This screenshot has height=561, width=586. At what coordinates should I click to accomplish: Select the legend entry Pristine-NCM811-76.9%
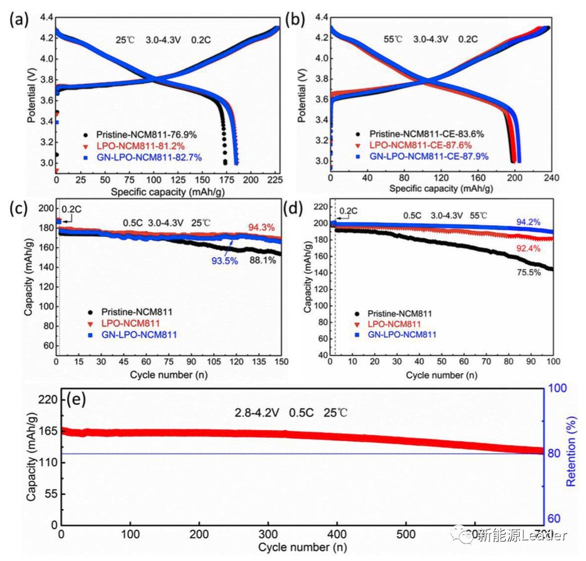click(x=144, y=134)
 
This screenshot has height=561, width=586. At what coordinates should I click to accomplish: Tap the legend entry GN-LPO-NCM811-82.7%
click(x=149, y=157)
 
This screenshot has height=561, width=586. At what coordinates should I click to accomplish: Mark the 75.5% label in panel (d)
click(x=528, y=272)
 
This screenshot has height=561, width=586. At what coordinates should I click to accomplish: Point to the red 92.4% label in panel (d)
click(x=528, y=248)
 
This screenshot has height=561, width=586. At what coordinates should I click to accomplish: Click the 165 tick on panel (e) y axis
click(x=49, y=431)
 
